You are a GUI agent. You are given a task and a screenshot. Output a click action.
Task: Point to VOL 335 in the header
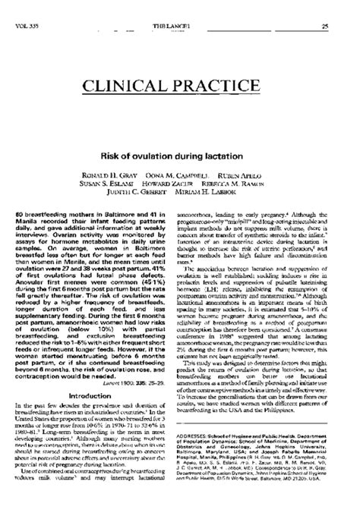pos(27,27)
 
